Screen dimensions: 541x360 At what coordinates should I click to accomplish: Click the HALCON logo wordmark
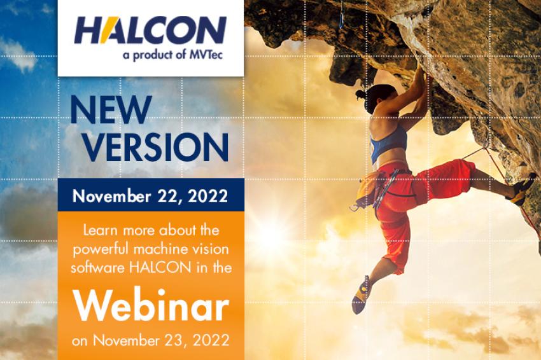pyautogui.click(x=150, y=30)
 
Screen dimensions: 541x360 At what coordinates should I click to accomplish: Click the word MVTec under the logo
pyautogui.click(x=206, y=55)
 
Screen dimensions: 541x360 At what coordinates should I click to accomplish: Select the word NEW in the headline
pyautogui.click(x=111, y=109)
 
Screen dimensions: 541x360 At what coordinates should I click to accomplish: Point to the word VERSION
pyautogui.click(x=156, y=147)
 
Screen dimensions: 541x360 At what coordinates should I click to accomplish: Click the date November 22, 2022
pyautogui.click(x=150, y=196)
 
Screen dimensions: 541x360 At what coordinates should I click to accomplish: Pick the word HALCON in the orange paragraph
pyautogui.click(x=160, y=268)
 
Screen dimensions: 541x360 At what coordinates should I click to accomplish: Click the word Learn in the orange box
pyautogui.click(x=101, y=230)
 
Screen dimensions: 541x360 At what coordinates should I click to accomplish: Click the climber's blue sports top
pyautogui.click(x=388, y=142)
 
